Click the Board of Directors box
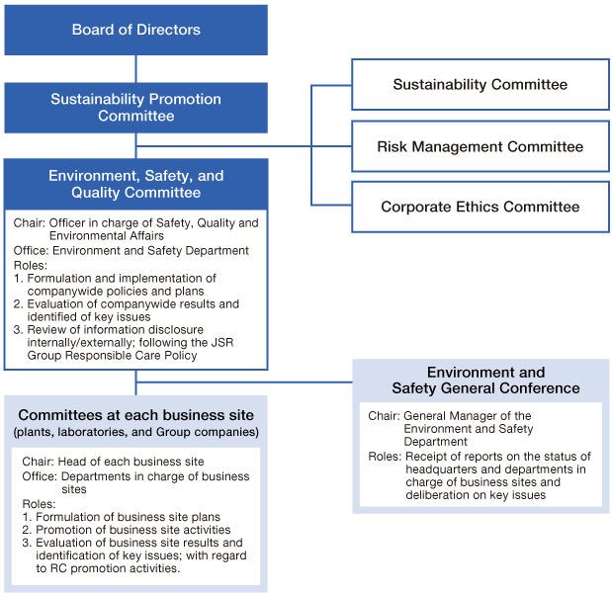pos(135,30)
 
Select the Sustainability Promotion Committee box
pos(135,108)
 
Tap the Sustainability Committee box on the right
pos(480,85)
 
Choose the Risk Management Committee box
pos(480,146)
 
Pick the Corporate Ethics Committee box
pos(480,208)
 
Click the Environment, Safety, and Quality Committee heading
pos(135,184)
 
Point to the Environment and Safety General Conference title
pos(481,381)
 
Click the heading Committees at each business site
pos(135,414)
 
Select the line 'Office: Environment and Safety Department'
pos(131,251)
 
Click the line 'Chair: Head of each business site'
pos(112,462)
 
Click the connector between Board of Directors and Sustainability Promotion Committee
pos(135,68)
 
